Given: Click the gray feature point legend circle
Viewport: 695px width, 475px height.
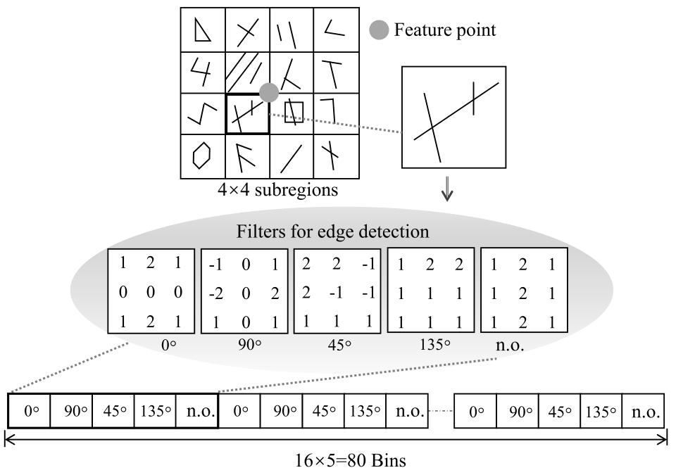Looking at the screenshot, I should pyautogui.click(x=380, y=30).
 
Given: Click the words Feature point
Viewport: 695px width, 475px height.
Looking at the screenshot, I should pyautogui.click(x=444, y=30).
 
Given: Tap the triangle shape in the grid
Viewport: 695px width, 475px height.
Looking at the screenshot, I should pyautogui.click(x=202, y=30).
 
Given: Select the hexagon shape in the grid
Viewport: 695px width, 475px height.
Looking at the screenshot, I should pyautogui.click(x=201, y=156).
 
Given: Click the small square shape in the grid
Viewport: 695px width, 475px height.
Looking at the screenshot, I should pyautogui.click(x=294, y=111).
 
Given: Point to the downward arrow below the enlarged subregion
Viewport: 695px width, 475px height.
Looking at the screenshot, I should pyautogui.click(x=447, y=190).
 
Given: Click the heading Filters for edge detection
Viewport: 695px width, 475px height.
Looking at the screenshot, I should pyautogui.click(x=333, y=231).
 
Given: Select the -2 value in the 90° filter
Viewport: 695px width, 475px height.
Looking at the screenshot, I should pyautogui.click(x=215, y=293).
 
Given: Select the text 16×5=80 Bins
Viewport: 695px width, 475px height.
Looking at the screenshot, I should pyautogui.click(x=351, y=461).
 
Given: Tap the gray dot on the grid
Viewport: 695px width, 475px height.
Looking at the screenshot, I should pyautogui.click(x=269, y=92).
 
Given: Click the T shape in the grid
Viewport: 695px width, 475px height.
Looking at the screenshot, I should pyautogui.click(x=334, y=72).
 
